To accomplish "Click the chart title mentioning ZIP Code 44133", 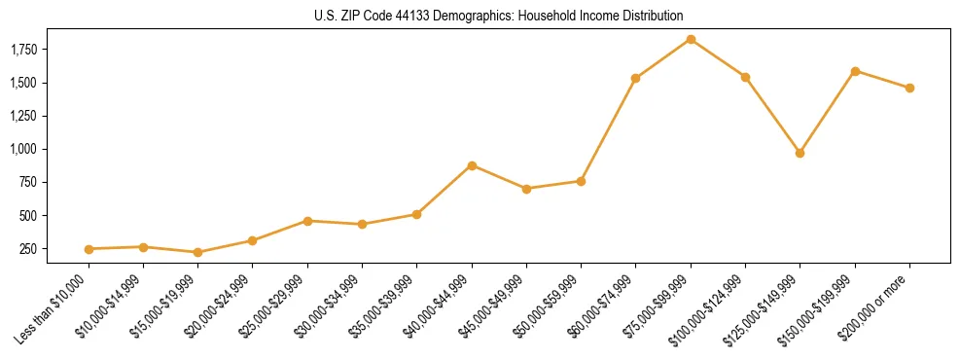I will (x=499, y=17).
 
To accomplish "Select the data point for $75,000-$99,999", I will (x=691, y=39).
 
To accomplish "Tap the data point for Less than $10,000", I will (x=89, y=249).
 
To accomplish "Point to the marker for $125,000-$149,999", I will (x=800, y=153).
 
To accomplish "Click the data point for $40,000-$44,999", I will (x=472, y=165).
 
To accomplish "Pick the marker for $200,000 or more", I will (x=909, y=88).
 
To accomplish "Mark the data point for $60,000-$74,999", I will (x=635, y=78).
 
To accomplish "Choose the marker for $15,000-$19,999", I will (x=198, y=252).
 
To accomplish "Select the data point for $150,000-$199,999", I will (x=855, y=71).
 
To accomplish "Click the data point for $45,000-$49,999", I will (x=526, y=189).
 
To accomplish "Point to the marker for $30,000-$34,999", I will (x=362, y=224).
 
